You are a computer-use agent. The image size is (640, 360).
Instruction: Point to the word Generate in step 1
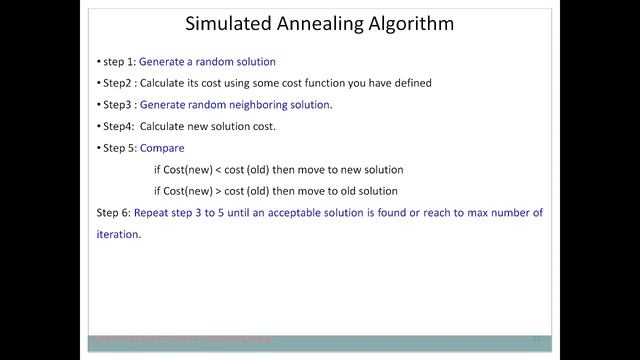162,62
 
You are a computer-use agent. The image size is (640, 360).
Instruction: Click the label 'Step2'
116,83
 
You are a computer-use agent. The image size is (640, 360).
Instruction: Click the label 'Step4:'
118,126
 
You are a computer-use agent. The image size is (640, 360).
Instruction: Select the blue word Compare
161,148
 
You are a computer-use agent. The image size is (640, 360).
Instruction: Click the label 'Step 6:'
113,213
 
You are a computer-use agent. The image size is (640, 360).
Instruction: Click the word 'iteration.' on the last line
119,235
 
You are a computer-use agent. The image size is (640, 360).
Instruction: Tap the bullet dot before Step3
99,104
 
